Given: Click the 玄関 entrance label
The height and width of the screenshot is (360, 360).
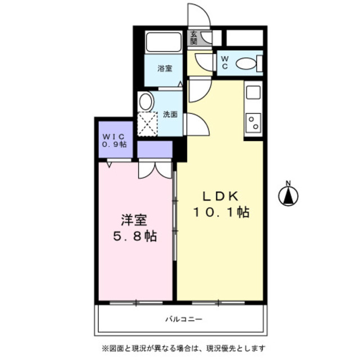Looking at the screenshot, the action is tap(194, 38).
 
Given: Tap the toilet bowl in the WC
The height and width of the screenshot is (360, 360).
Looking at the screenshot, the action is tap(246, 63).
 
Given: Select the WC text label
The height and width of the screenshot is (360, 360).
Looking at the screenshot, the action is tap(225, 62).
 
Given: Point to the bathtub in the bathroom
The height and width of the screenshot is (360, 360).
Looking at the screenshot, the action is tap(164, 42).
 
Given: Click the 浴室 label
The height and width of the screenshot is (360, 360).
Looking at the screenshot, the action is tap(165, 69).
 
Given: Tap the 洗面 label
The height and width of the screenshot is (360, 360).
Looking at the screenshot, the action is tap(170, 114).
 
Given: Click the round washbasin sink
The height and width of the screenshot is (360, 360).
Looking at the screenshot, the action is tap(145, 101).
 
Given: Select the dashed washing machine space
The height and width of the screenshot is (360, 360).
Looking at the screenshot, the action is tap(147, 124).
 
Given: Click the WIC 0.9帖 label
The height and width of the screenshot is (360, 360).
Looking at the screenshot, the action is tap(114, 141).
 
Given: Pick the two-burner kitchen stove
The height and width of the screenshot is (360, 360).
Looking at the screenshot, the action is tap(254, 123).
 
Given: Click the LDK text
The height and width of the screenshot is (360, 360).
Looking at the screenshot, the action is tap(220, 196).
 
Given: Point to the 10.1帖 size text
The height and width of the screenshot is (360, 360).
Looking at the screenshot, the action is tap(221, 212).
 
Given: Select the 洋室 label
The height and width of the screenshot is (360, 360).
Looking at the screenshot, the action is tap(134, 220).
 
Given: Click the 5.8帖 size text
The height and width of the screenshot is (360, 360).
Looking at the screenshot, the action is tap(135, 236).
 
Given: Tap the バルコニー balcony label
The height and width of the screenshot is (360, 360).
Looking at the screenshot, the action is tap(184, 319).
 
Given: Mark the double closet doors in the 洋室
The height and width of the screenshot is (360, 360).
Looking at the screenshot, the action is tap(155, 170).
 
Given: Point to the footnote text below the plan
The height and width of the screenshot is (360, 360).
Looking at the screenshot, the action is tap(183, 348).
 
